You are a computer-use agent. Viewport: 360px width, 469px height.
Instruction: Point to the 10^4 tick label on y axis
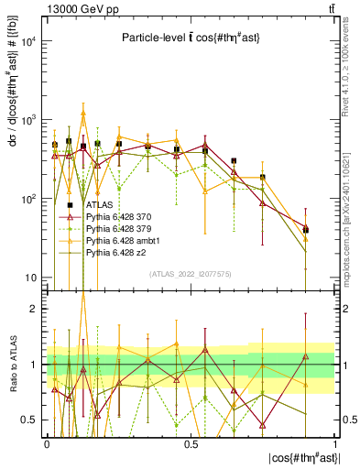28,42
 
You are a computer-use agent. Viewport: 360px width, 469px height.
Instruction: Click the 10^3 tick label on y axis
28,121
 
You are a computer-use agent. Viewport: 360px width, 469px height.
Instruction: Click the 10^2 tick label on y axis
28,199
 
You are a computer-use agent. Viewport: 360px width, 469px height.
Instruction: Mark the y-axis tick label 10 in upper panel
30,278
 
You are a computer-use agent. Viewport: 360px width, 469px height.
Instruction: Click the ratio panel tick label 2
34,309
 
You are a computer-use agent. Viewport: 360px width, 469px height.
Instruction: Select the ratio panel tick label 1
34,365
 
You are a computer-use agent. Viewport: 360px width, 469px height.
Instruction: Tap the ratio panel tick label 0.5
30,420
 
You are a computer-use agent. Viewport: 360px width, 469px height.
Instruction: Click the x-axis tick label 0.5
191,442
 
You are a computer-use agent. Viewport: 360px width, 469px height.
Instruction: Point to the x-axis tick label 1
335,442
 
